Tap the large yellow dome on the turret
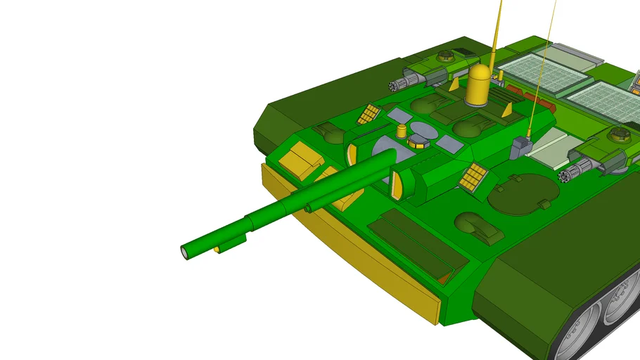coord(478,86)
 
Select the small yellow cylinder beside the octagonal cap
coord(402,131)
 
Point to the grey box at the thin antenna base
coord(521,146)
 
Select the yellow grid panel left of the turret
coord(369,113)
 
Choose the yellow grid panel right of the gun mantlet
coord(474,176)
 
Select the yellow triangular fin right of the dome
coord(506,109)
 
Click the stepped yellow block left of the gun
coord(300,159)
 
